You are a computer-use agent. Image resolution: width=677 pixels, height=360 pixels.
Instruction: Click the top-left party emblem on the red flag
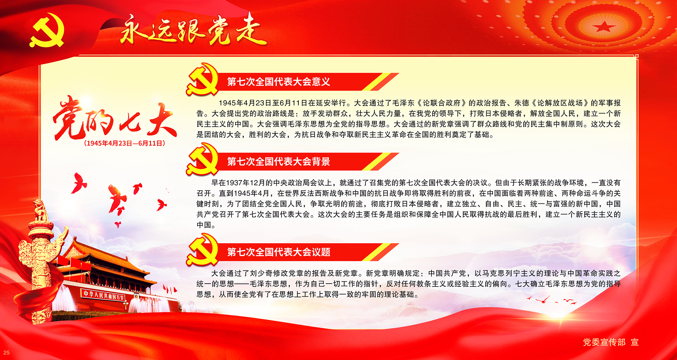[x=47, y=30]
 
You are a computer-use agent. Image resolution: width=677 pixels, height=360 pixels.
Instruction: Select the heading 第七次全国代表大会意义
[x=279, y=82]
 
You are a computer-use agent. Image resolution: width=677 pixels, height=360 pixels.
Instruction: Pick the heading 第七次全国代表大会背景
[x=279, y=162]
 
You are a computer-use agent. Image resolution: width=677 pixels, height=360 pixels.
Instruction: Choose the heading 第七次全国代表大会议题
[x=279, y=252]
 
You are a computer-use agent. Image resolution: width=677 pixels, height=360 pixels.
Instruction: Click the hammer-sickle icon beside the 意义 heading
[x=203, y=79]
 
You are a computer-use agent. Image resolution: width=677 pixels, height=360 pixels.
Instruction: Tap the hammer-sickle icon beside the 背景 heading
[x=203, y=159]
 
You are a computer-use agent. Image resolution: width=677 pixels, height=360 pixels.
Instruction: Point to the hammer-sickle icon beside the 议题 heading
[x=203, y=250]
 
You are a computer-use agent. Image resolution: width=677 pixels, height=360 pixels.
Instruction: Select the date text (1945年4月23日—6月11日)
[x=125, y=143]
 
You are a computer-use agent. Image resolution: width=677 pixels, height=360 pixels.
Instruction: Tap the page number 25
[x=6, y=353]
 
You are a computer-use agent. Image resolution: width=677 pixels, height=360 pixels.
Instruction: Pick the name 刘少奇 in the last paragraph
[x=261, y=273]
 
